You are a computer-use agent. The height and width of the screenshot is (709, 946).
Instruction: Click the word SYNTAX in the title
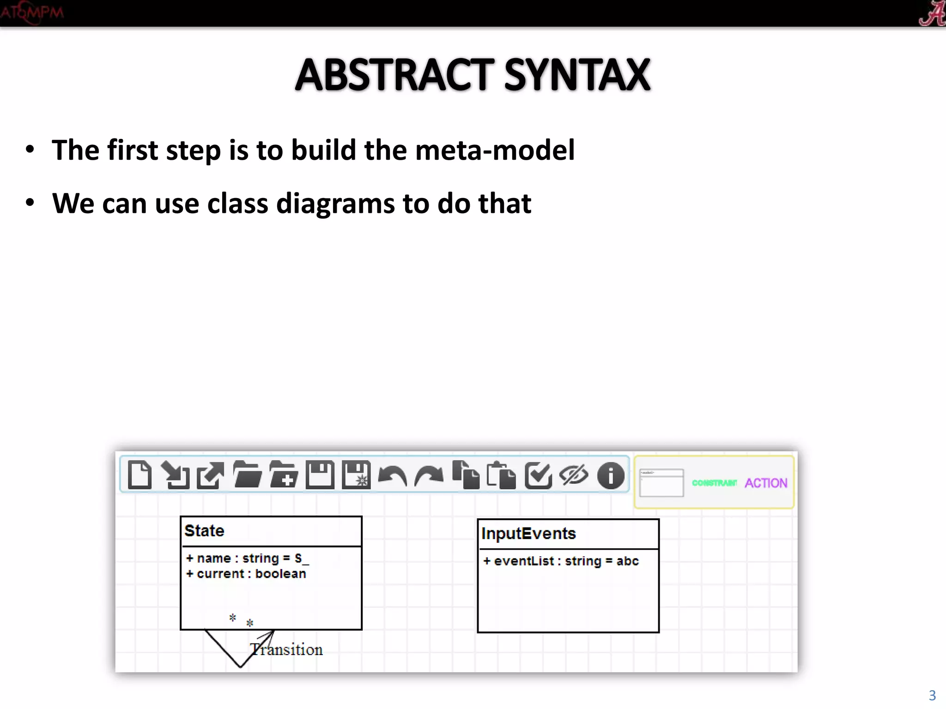click(577, 75)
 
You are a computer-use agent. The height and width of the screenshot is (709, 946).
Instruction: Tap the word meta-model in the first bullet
click(495, 150)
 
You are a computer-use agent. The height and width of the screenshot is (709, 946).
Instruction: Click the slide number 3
click(932, 695)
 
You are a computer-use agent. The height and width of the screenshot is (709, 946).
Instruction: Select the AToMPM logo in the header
click(31, 12)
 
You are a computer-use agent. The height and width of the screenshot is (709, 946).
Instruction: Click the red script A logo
click(932, 13)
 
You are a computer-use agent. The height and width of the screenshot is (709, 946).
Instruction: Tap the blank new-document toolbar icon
click(139, 475)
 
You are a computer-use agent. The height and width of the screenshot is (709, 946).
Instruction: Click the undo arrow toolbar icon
click(392, 475)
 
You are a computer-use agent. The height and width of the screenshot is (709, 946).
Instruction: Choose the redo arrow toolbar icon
click(429, 475)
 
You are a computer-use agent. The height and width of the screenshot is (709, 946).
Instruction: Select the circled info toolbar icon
click(611, 475)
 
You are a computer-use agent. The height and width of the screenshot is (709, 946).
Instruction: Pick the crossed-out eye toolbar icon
click(574, 475)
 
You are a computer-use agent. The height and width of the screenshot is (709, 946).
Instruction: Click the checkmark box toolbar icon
click(538, 475)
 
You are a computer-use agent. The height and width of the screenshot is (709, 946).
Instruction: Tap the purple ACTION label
click(766, 483)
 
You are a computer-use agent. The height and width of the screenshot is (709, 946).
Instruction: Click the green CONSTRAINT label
click(714, 483)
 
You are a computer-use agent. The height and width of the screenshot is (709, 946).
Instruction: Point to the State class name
click(204, 531)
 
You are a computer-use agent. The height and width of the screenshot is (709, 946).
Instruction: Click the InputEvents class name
click(528, 534)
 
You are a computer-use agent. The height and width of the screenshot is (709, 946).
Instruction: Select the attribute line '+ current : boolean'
click(246, 574)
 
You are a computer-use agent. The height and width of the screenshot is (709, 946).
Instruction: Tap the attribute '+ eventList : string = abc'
click(561, 561)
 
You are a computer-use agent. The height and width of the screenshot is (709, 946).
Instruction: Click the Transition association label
click(286, 650)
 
